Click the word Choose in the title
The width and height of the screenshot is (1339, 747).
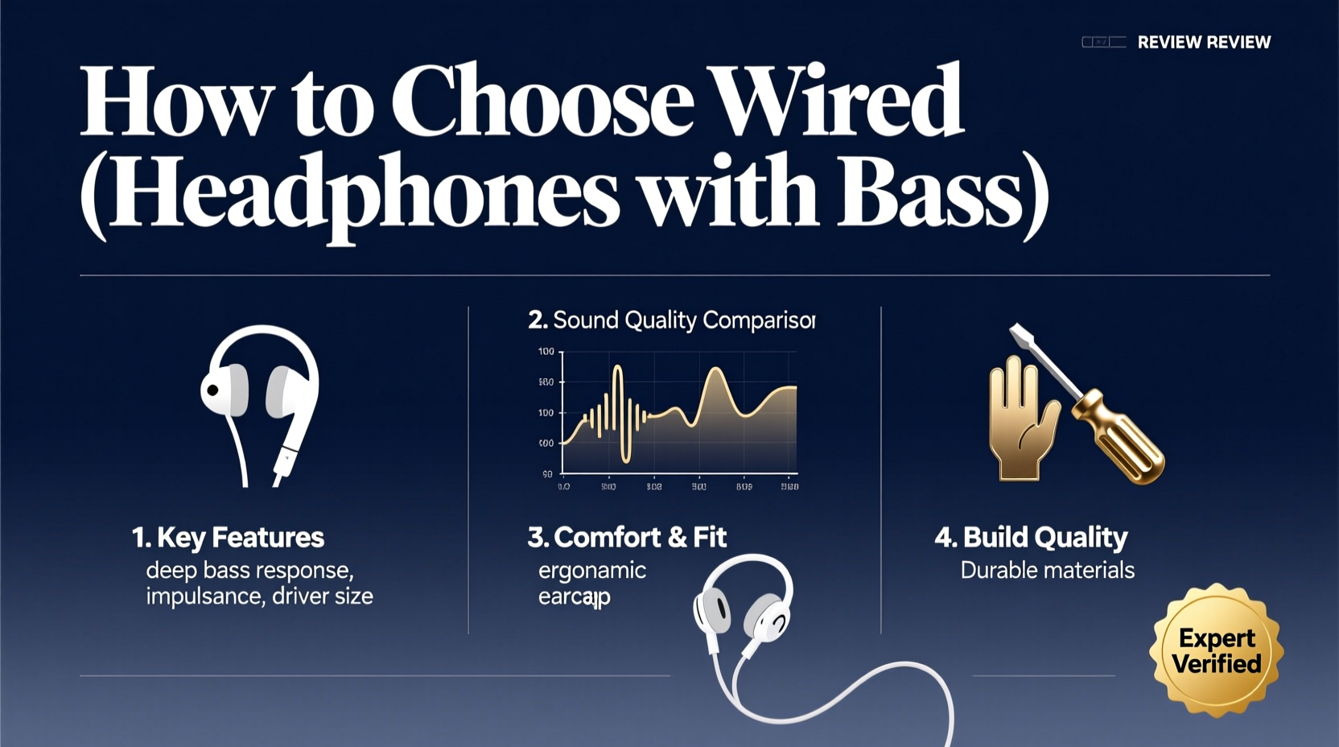[542, 102]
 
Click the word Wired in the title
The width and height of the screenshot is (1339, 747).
[837, 102]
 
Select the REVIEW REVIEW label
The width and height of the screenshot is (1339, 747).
[1204, 43]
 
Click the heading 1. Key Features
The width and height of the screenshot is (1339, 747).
[228, 537]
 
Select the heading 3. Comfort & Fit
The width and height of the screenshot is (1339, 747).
[627, 537]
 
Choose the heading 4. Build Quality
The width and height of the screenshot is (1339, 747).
[1031, 537]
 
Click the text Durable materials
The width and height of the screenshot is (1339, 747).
[1047, 571]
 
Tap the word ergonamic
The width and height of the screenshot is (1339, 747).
[591, 571]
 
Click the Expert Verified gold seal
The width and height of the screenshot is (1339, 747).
[1216, 650]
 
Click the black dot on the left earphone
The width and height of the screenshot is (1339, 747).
[212, 390]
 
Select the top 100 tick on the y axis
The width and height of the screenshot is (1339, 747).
[546, 352]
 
